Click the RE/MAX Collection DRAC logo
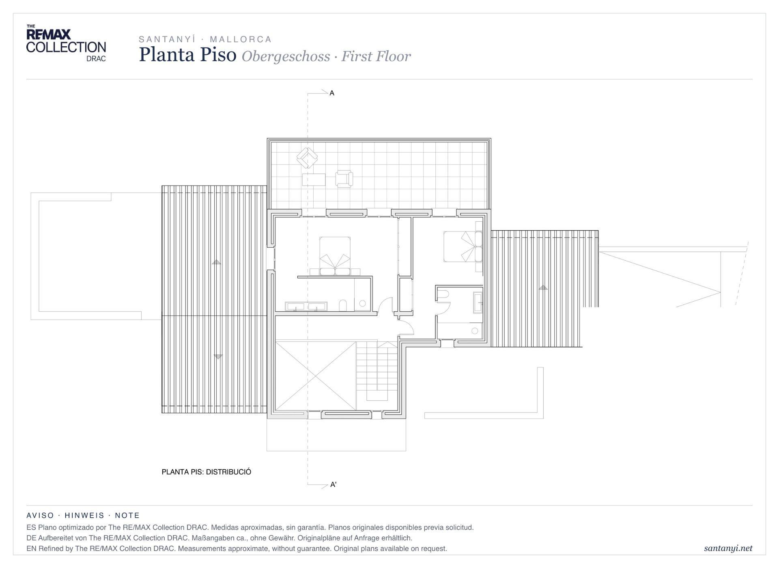pyautogui.click(x=66, y=43)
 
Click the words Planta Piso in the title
pyautogui.click(x=187, y=54)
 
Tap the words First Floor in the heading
pyautogui.click(x=376, y=56)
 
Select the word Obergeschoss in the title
pyautogui.click(x=286, y=56)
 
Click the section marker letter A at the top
pyautogui.click(x=332, y=93)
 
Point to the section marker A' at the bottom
pyautogui.click(x=334, y=484)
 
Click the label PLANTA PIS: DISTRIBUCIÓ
pyautogui.click(x=206, y=472)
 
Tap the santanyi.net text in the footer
pyautogui.click(x=728, y=548)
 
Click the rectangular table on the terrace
pyautogui.click(x=314, y=179)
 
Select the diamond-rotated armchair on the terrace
pyautogui.click(x=307, y=158)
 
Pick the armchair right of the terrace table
pyautogui.click(x=344, y=179)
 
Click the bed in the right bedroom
pyautogui.click(x=463, y=246)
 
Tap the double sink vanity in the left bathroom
pyautogui.click(x=306, y=306)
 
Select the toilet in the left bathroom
pyautogui.click(x=343, y=306)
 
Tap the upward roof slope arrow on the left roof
pyautogui.click(x=216, y=262)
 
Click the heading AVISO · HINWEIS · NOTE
pyautogui.click(x=83, y=515)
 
